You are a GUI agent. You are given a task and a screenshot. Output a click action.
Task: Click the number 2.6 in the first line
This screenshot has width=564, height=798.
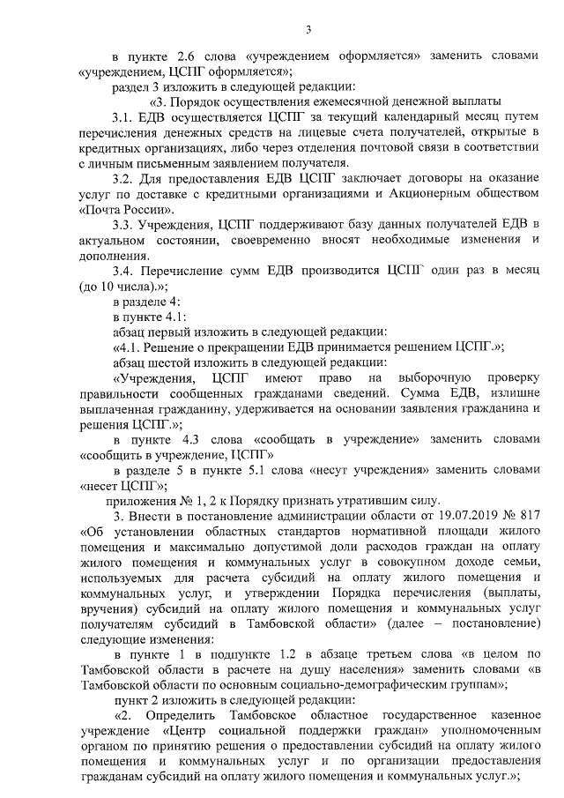tap(194, 56)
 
